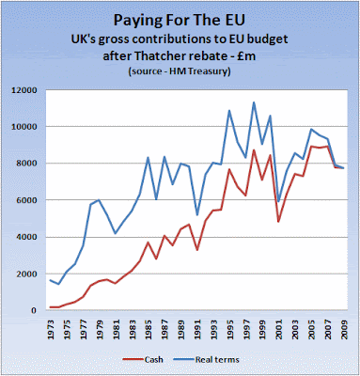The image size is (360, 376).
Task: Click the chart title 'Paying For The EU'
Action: (x=179, y=21)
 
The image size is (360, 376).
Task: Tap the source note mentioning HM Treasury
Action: (x=180, y=71)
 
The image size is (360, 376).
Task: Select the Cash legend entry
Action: (x=143, y=359)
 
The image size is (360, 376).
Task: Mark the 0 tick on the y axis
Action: (x=42, y=310)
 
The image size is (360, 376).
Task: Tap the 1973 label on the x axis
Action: (x=51, y=329)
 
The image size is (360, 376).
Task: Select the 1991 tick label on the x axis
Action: (x=197, y=329)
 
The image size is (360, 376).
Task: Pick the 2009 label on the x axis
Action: (x=344, y=329)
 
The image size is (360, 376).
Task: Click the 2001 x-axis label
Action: (x=279, y=329)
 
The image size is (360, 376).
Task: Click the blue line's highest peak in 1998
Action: (x=254, y=102)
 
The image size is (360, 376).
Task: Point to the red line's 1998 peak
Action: (x=254, y=150)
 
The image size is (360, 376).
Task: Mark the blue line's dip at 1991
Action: (x=197, y=215)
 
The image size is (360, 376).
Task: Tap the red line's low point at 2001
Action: (x=278, y=222)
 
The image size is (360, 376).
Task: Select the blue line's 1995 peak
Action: (x=229, y=110)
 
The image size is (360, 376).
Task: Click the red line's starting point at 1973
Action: (x=51, y=307)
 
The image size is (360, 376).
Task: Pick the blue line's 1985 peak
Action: (x=149, y=157)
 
